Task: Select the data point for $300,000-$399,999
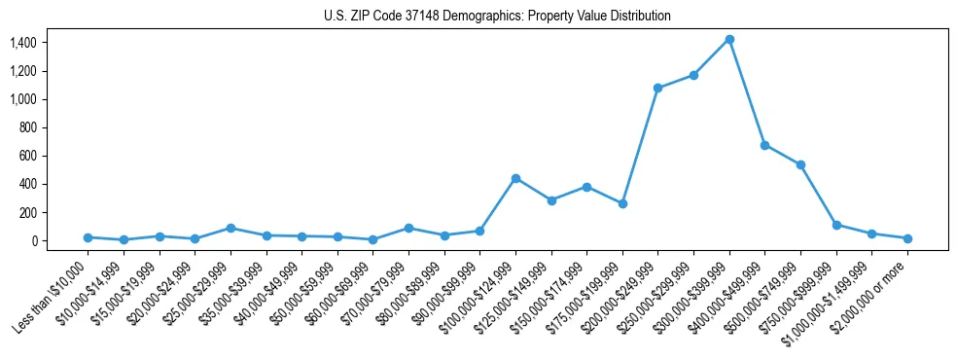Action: pyautogui.click(x=729, y=39)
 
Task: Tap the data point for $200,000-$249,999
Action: pyautogui.click(x=658, y=88)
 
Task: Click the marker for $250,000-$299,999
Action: pyautogui.click(x=693, y=75)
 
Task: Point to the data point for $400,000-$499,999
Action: pyautogui.click(x=765, y=145)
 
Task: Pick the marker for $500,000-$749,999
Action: pyautogui.click(x=800, y=164)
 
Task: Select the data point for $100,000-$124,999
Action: pyautogui.click(x=515, y=178)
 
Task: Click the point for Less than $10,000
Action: pyautogui.click(x=88, y=237)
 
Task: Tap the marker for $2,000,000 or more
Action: pyautogui.click(x=907, y=238)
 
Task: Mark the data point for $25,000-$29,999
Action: pyautogui.click(x=230, y=228)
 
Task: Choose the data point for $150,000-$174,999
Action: pyautogui.click(x=586, y=187)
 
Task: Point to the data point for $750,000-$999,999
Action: pyautogui.click(x=836, y=225)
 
